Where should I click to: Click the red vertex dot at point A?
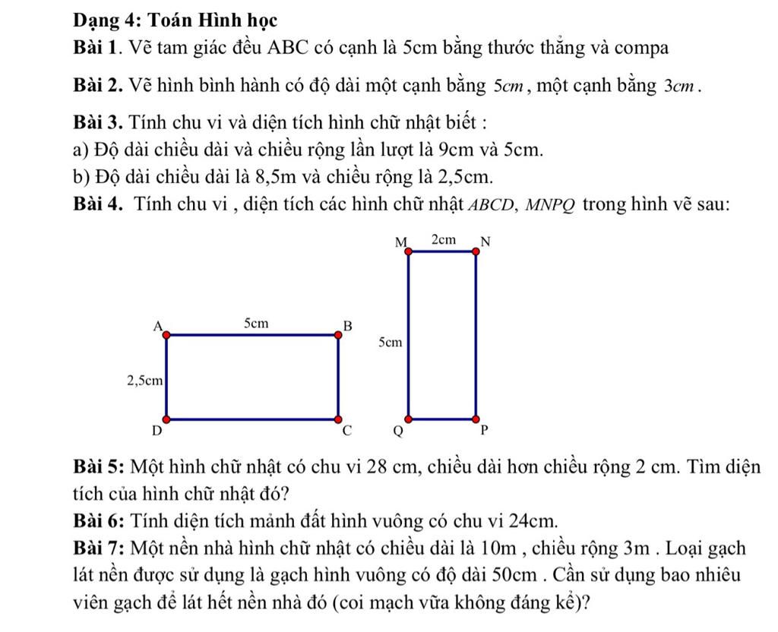click(166, 333)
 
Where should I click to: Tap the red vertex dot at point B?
click(338, 333)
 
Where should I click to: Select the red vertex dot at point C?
click(338, 419)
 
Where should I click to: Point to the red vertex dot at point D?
click(166, 419)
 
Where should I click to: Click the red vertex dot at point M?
click(409, 251)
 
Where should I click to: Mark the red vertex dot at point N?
click(476, 251)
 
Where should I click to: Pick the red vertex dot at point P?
click(476, 419)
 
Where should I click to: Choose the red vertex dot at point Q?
click(409, 419)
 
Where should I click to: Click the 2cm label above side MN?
click(444, 240)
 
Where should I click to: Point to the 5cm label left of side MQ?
click(388, 343)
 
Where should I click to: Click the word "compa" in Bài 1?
click(641, 49)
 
